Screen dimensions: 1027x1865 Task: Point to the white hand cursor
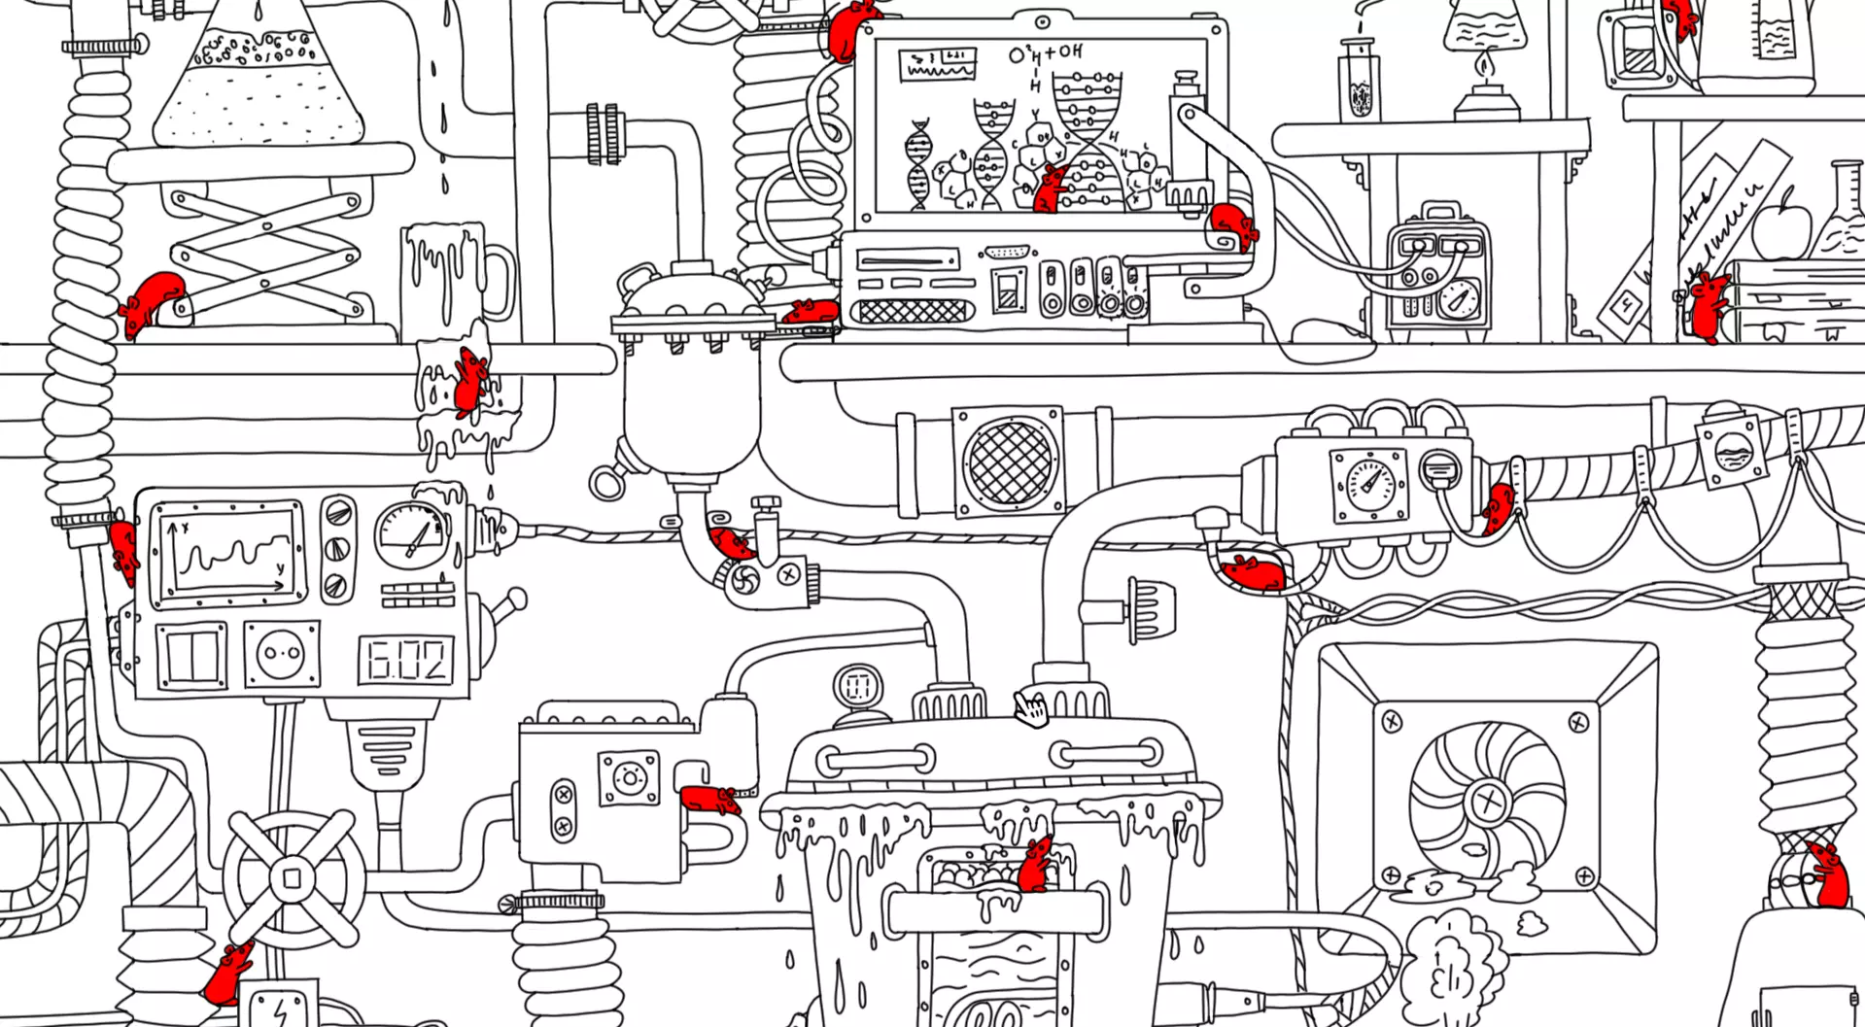(1030, 709)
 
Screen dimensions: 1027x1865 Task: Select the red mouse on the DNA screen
(1050, 188)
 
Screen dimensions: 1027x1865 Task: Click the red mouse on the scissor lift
(153, 300)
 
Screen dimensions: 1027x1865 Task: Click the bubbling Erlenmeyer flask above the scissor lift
(259, 83)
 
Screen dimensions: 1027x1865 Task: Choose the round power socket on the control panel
(281, 655)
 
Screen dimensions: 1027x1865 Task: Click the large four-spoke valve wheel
(292, 879)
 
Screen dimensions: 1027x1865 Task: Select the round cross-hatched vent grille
(1011, 462)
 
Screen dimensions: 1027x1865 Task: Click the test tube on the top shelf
(1361, 83)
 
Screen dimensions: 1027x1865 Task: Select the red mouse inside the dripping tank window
(1035, 864)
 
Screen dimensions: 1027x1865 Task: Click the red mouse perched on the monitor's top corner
(847, 27)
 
